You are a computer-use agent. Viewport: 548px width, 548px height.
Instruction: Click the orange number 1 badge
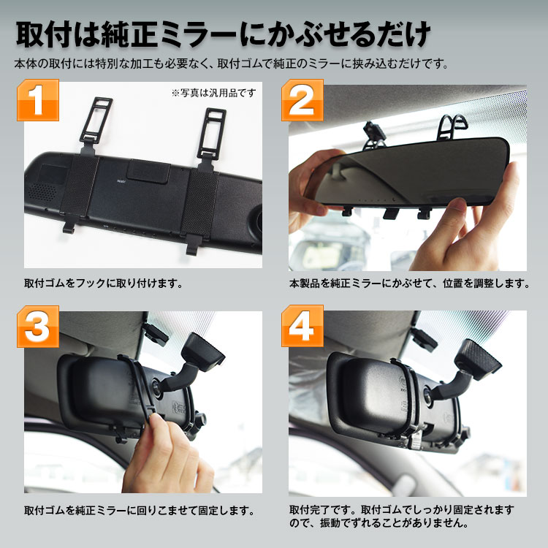[x=38, y=100]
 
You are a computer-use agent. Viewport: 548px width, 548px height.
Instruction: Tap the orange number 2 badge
[x=302, y=100]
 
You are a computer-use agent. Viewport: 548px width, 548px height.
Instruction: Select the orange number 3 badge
[x=38, y=327]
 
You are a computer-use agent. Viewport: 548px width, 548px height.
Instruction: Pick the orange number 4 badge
[x=302, y=326]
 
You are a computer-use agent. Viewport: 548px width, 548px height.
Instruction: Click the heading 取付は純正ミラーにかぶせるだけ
[x=223, y=34]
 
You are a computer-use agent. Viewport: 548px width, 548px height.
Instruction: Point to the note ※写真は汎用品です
[x=213, y=93]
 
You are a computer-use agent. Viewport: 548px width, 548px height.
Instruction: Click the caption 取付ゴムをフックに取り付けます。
[x=104, y=283]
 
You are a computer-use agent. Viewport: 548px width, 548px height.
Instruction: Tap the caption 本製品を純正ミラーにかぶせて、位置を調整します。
[x=410, y=283]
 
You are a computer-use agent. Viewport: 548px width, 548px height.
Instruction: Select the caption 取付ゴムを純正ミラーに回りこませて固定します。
[x=140, y=511]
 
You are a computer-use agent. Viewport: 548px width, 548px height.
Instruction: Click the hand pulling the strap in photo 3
[x=166, y=454]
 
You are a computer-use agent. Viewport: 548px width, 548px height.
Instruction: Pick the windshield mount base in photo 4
[x=477, y=354]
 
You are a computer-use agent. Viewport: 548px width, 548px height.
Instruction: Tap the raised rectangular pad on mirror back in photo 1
[x=148, y=171]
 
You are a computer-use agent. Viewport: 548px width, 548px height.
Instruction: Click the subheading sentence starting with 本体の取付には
[x=232, y=64]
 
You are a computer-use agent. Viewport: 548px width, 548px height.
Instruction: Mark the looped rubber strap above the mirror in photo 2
[x=453, y=126]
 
